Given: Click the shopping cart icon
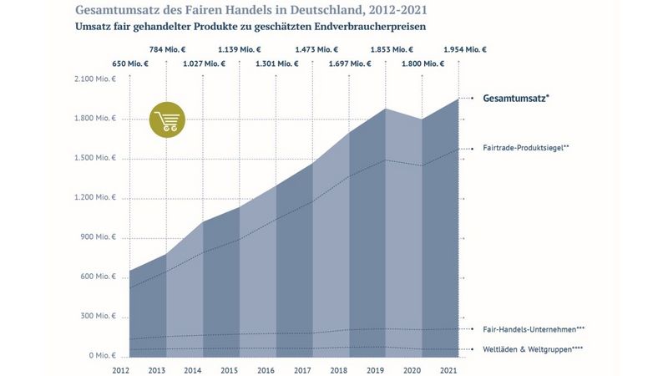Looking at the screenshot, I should [x=166, y=119].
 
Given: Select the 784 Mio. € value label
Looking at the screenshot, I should [x=166, y=49].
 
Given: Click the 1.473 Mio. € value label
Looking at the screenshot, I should [x=313, y=49].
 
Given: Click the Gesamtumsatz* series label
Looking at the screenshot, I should [x=516, y=98].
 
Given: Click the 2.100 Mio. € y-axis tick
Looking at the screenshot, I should [x=94, y=79].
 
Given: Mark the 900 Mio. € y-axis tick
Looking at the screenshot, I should [x=98, y=237].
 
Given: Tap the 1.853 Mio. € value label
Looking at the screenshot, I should [x=385, y=49].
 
